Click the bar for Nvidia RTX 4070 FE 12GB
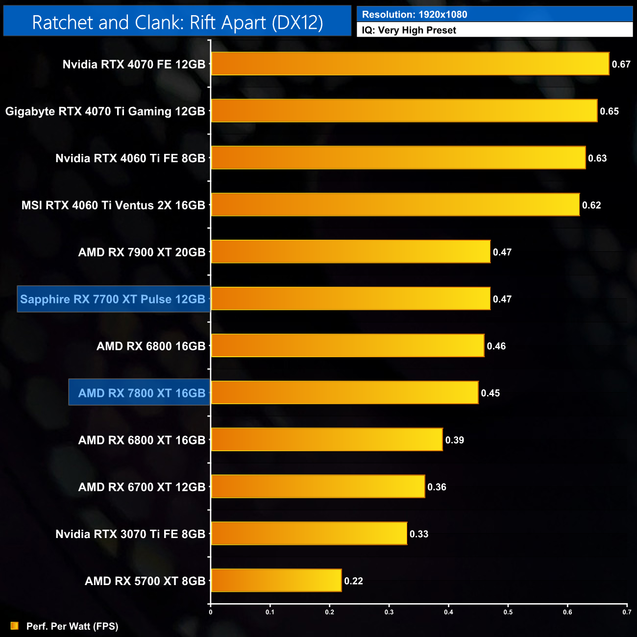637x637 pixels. [410, 64]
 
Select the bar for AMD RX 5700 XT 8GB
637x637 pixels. [276, 581]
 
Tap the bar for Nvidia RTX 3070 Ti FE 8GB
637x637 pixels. [309, 534]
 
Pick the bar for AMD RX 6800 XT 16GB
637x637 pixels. [327, 440]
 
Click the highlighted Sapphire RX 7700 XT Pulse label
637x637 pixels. [113, 299]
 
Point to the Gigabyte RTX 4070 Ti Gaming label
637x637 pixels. [105, 111]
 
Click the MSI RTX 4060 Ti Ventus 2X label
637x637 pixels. [113, 205]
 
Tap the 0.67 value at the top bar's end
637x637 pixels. [621, 64]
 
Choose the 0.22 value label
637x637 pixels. [353, 581]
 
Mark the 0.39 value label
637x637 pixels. [454, 440]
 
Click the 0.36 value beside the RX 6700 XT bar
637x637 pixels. [437, 487]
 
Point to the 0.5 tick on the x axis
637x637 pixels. [508, 612]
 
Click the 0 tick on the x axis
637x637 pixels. [211, 612]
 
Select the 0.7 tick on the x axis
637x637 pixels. [627, 612]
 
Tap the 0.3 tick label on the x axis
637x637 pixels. [389, 612]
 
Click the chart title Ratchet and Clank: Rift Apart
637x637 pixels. [177, 23]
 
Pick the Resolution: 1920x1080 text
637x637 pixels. [415, 15]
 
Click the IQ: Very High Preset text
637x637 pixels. [409, 30]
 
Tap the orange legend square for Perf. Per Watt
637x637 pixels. [15, 626]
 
